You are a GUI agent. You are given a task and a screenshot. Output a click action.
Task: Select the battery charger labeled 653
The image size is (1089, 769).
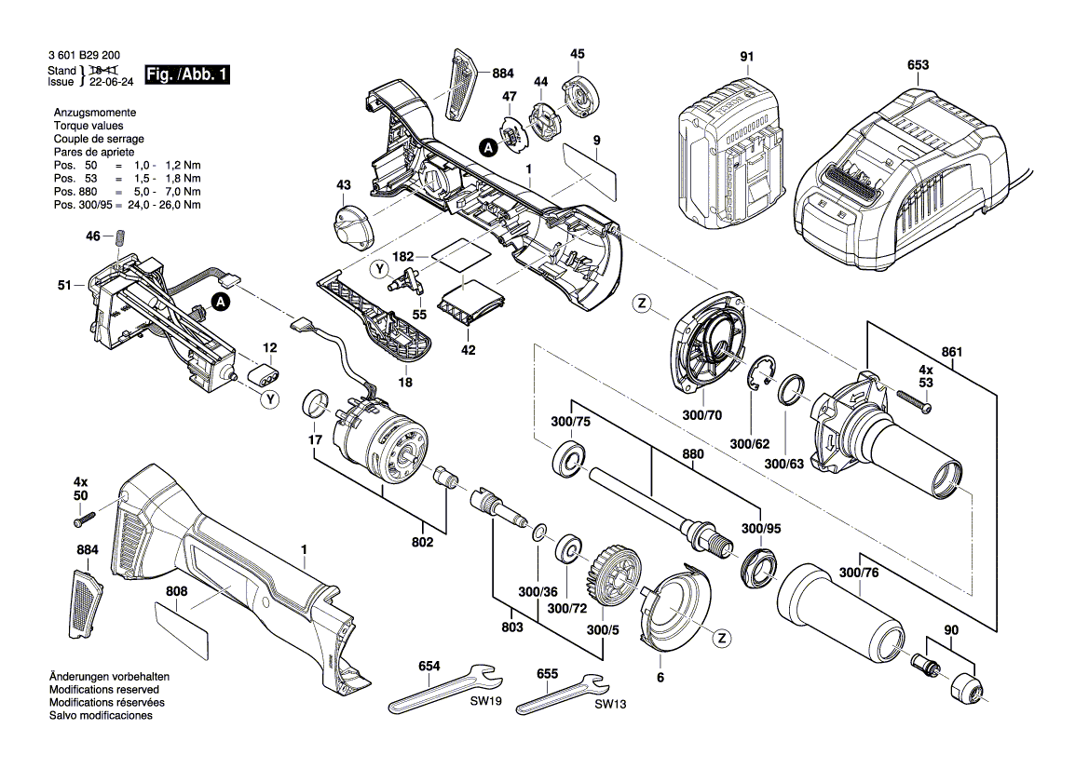[x=894, y=168]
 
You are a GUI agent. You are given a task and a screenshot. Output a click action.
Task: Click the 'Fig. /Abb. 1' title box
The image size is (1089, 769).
[x=186, y=74]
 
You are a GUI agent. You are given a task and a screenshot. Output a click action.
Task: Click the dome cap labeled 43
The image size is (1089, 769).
[x=351, y=225]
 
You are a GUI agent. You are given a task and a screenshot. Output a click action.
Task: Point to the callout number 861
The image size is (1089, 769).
[x=951, y=352]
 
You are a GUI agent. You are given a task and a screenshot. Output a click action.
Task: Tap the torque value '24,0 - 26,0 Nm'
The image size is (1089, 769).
[x=164, y=204]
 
